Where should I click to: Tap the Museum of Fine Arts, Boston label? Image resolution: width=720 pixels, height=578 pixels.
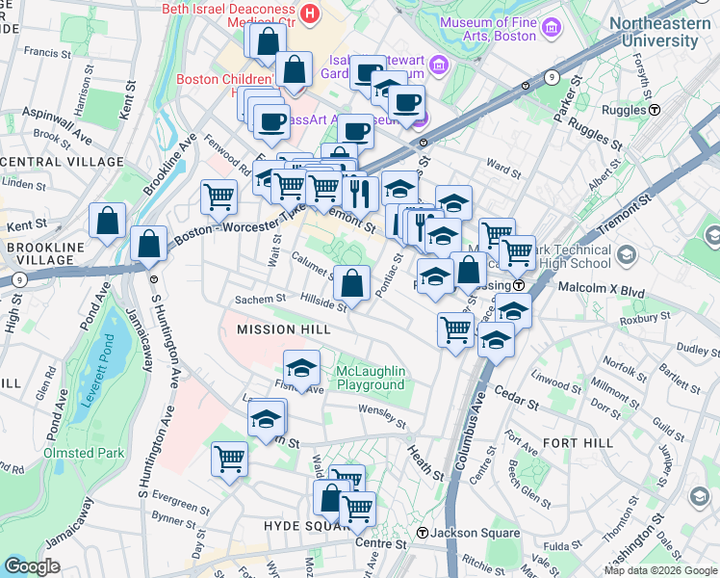coord(499,29)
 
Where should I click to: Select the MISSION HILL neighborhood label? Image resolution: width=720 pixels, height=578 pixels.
coord(284,329)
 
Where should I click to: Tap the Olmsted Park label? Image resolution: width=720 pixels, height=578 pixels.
coord(83,453)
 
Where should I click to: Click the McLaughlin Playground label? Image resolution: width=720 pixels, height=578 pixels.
coord(371,379)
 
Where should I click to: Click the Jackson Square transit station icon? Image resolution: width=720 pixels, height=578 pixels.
coord(422,533)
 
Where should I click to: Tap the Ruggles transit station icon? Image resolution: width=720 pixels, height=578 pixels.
coord(655,110)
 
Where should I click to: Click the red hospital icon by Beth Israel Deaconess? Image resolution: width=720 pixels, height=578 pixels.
coord(310,13)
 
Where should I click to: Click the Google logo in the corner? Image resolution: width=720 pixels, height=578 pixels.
coord(33,566)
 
